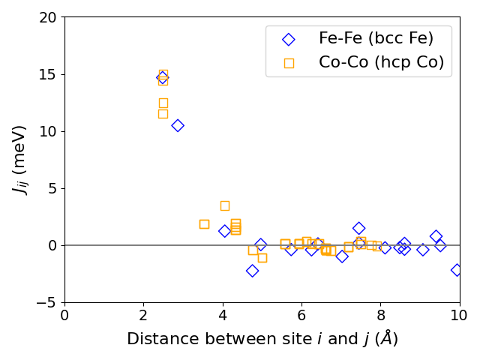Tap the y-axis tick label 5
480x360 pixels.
click(53, 188)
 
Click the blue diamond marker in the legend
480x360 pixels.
click(289, 38)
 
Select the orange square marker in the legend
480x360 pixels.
click(289, 63)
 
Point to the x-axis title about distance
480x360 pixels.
click(262, 339)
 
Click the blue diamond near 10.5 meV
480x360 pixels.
click(178, 125)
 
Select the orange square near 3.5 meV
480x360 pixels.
click(224, 205)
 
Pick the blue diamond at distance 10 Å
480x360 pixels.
click(457, 269)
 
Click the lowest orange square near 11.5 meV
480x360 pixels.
click(163, 114)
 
